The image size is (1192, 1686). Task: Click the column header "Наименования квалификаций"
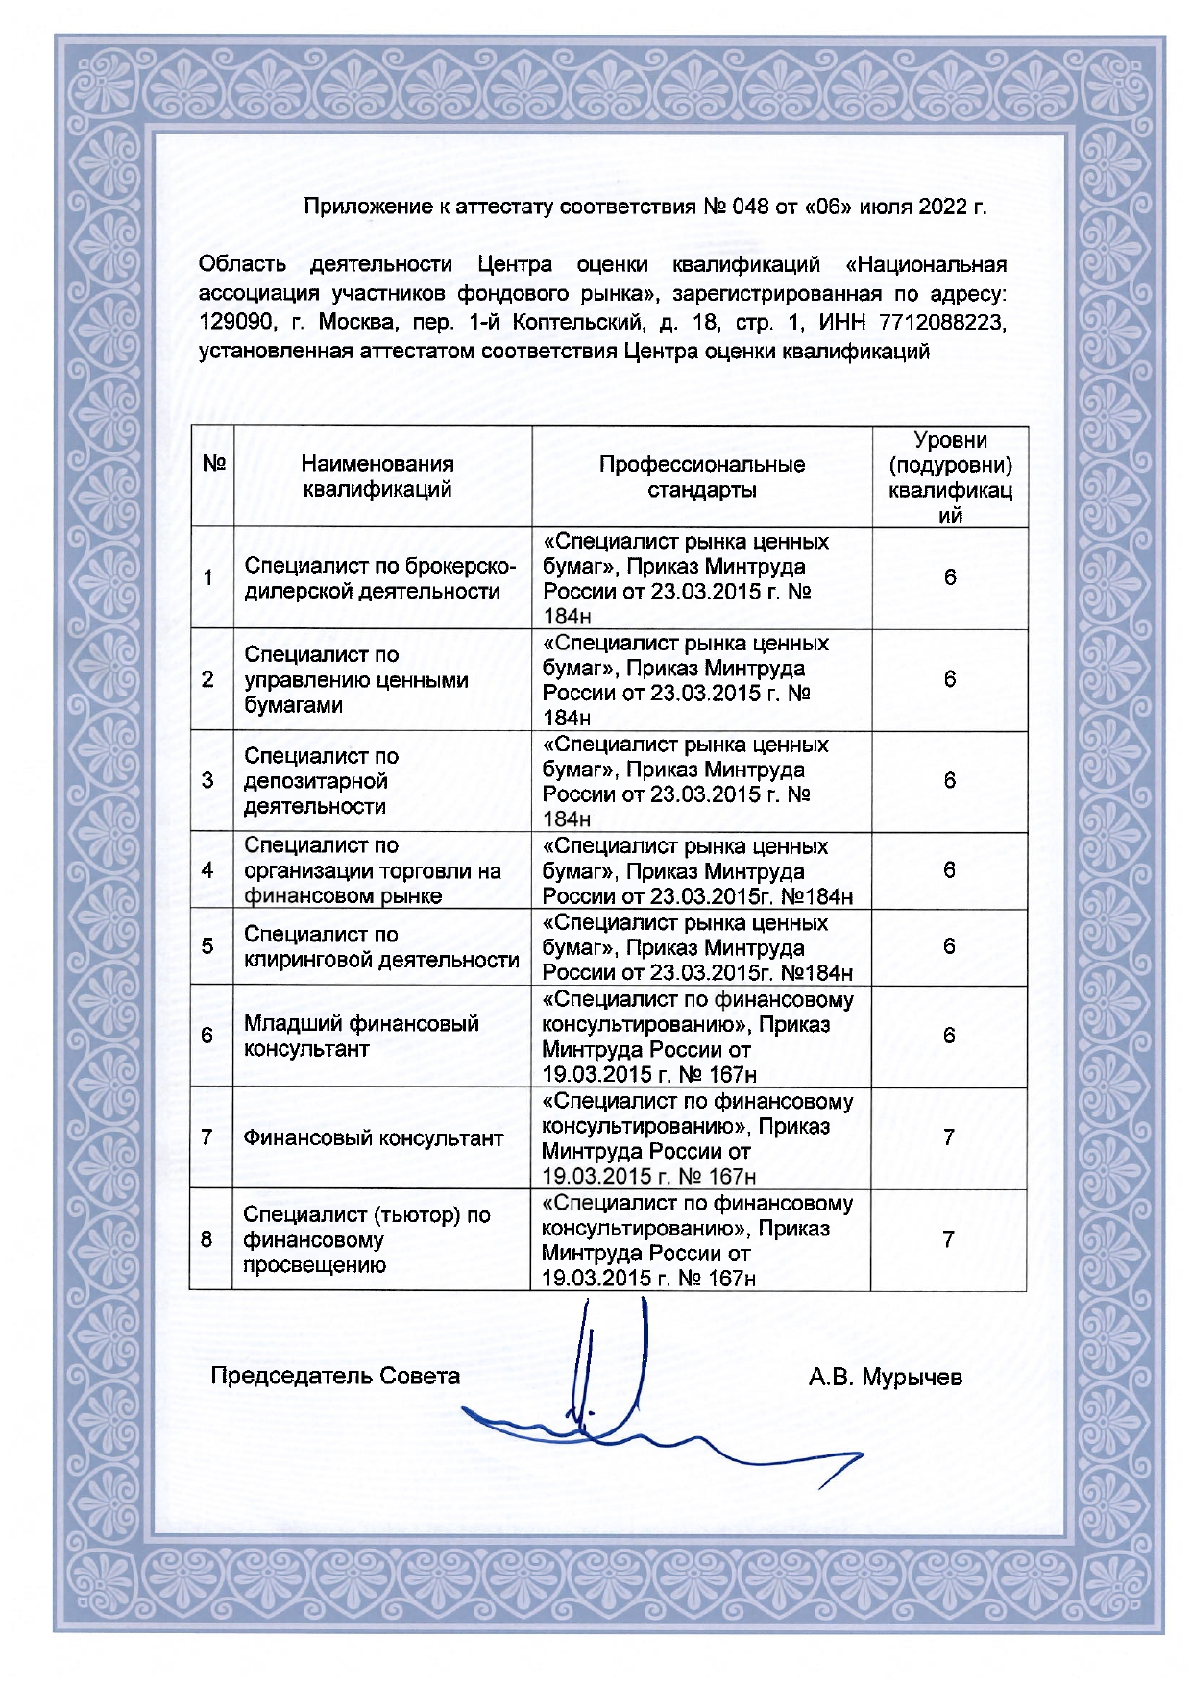377,476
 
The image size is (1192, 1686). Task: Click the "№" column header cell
213,464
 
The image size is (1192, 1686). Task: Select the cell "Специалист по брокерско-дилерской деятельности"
379,578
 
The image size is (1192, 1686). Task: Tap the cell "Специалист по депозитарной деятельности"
321,781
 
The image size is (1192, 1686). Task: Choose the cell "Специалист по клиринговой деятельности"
380,947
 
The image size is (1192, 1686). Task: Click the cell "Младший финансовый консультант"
361,1036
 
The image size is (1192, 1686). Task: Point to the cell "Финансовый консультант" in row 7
373,1138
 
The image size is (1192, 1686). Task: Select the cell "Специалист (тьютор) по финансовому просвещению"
366,1240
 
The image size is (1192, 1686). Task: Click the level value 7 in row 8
948,1239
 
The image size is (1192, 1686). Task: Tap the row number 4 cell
207,870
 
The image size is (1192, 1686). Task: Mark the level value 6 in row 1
950,577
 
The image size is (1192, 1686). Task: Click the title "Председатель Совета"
335,1377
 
